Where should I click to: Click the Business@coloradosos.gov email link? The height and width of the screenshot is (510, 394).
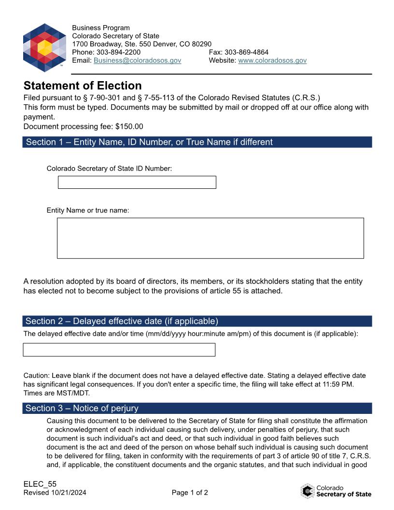click(x=137, y=60)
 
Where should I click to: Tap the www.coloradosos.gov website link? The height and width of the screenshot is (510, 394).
click(x=272, y=60)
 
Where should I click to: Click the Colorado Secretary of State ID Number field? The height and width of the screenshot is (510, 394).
click(x=137, y=182)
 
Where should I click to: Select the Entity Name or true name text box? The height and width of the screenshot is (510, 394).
click(x=210, y=238)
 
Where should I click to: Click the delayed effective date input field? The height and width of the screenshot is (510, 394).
click(x=119, y=350)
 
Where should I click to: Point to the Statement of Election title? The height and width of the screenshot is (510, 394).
click(x=83, y=85)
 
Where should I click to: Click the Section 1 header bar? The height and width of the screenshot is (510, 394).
click(x=197, y=142)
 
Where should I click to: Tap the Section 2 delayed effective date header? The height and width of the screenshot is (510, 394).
click(x=197, y=321)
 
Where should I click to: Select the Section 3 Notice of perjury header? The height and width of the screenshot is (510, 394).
click(x=197, y=408)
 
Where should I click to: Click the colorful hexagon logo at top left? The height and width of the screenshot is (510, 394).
click(x=44, y=47)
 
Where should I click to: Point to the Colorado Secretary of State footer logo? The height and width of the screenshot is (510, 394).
click(x=336, y=491)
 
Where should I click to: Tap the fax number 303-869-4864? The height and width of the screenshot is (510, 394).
click(x=246, y=52)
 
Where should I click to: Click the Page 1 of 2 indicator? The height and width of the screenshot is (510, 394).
click(x=190, y=493)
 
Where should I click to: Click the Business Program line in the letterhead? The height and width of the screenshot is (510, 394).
click(x=101, y=28)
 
